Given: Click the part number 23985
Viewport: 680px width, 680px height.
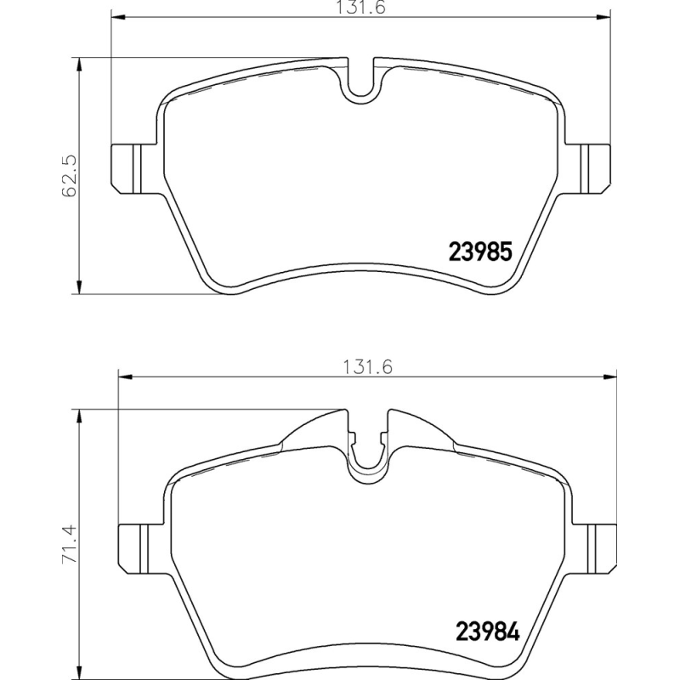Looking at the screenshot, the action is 480,252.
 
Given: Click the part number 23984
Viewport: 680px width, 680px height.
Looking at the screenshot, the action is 487,632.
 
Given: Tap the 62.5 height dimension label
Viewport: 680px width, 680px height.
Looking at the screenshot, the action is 70,176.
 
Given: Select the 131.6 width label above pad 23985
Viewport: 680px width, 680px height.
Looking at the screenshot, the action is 360,8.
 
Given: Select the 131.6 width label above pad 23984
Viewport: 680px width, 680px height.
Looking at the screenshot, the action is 368,367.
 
